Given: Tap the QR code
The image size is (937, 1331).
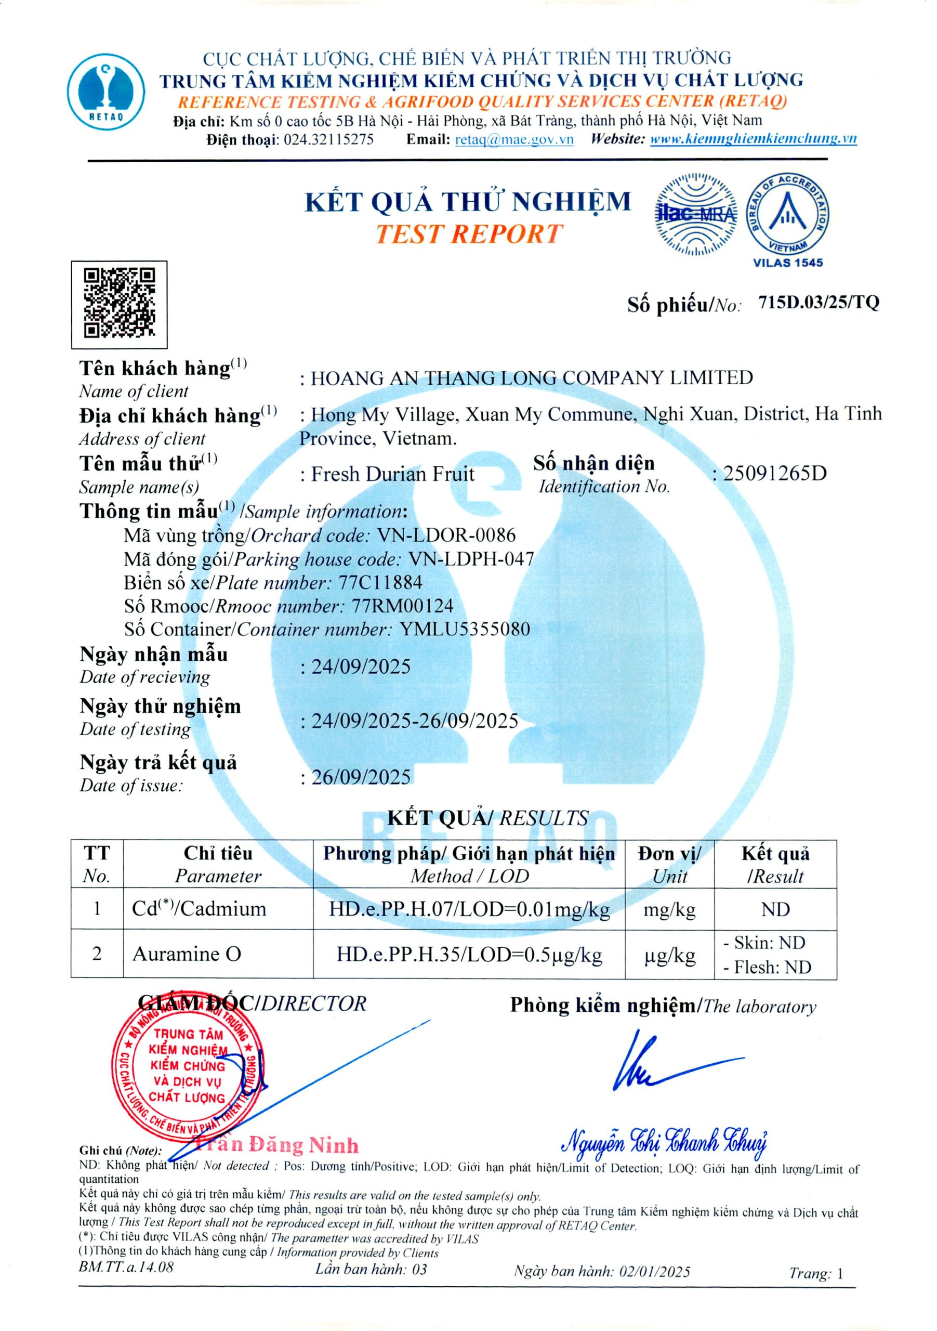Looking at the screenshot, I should tap(120, 304).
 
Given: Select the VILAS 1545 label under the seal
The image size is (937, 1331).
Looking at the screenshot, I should tap(787, 263).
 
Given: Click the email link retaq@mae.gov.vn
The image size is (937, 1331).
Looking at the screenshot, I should tap(514, 139).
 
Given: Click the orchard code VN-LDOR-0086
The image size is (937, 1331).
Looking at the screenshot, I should tap(446, 535).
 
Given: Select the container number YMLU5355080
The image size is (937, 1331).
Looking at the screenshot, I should tap(465, 629).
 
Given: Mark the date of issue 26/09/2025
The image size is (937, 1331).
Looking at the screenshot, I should tap(361, 777).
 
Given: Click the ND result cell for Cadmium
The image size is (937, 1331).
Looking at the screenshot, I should tap(775, 908).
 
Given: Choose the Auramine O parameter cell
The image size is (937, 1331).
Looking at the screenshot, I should tap(187, 954).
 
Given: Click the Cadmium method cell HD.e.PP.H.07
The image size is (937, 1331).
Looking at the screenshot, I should tap(469, 908).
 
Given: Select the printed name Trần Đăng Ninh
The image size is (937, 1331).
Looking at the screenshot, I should tap(277, 1145).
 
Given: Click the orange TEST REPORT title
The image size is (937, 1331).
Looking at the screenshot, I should tap(468, 233).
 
